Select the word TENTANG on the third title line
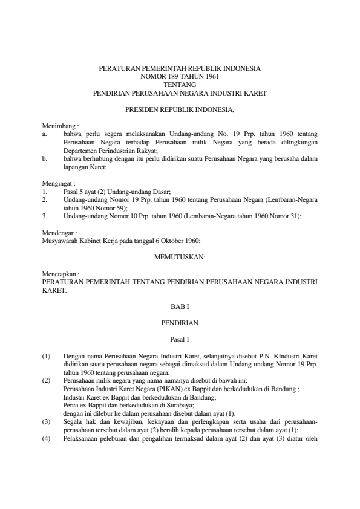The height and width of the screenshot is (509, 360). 180,86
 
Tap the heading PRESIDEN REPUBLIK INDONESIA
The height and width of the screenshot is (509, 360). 180,111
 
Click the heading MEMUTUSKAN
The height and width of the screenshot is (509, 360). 180,257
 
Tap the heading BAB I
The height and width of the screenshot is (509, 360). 180,307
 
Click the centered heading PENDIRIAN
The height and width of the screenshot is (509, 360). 180,323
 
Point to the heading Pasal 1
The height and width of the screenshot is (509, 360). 180,340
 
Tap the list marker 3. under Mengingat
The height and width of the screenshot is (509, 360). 44,215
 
